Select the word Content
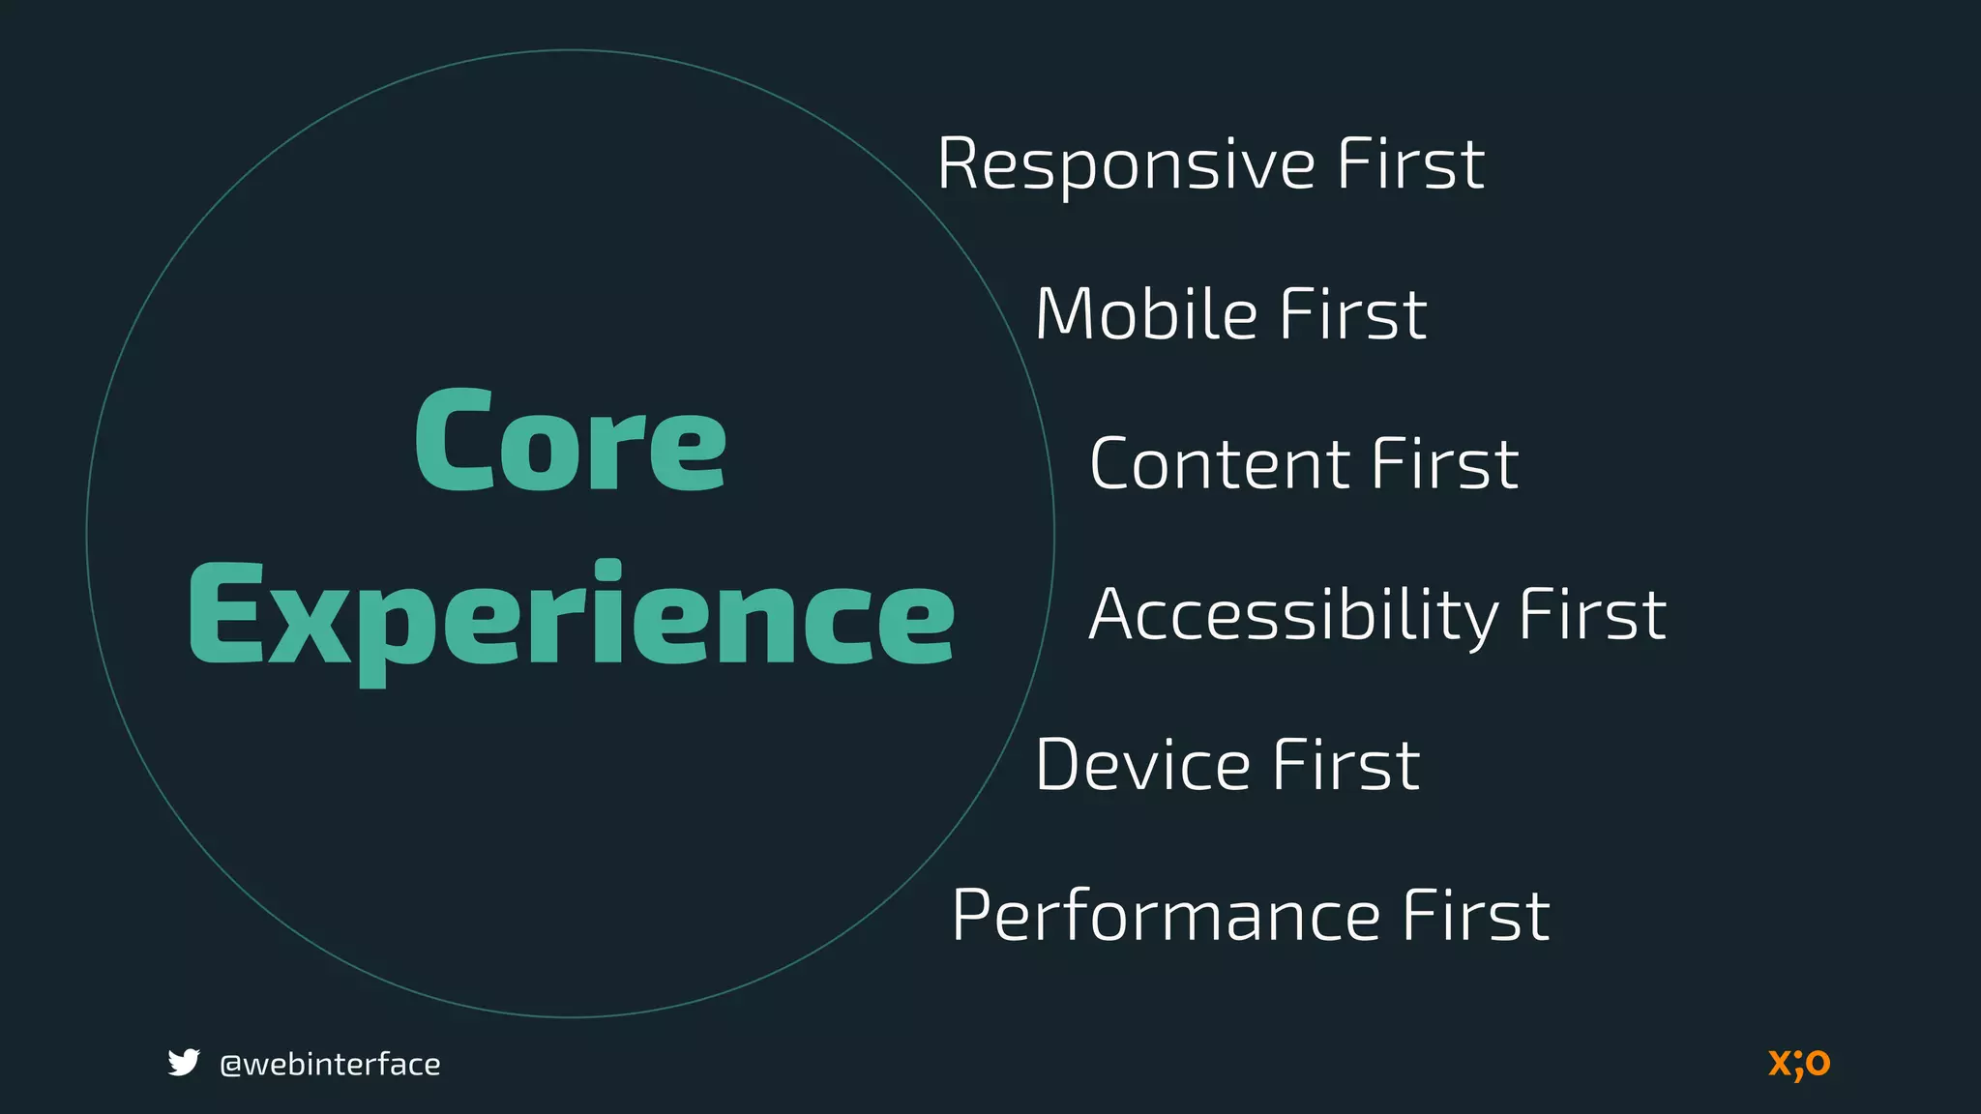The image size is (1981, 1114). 1218,464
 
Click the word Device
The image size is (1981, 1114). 1142,765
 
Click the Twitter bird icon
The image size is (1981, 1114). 183,1063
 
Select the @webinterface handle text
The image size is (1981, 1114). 330,1065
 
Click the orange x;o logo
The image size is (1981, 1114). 1799,1063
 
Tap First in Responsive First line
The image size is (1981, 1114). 1410,164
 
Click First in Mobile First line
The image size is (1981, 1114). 1352,314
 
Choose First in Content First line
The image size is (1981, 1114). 1445,464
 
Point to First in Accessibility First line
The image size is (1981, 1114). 1592,615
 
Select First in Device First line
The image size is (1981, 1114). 1345,765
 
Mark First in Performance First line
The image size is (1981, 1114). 1476,915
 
